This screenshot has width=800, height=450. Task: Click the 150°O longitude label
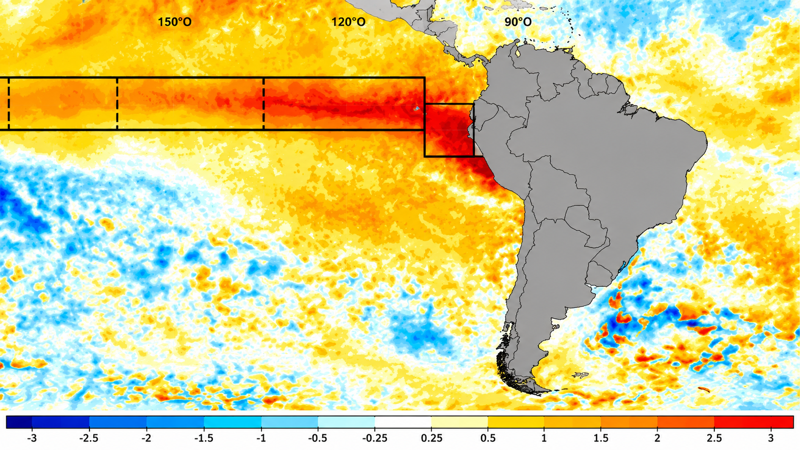175,22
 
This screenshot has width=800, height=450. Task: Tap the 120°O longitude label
348,22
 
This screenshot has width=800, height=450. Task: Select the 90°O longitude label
518,22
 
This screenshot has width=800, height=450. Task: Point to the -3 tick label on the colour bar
32,438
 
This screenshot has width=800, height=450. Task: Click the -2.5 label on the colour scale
89,438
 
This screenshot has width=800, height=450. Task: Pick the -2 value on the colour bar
146,438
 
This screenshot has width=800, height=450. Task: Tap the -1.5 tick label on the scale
204,438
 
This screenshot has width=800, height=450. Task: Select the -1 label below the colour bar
261,438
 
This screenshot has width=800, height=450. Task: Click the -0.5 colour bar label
318,438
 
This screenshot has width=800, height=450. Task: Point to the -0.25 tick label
375,438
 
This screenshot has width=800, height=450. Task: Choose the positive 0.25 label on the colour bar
432,438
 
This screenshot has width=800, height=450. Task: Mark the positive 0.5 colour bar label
488,438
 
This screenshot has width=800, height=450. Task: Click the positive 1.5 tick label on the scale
600,438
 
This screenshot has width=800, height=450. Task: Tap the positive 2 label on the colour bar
657,438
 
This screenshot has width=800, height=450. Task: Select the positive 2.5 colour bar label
714,438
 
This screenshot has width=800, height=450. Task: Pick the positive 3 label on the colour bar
771,438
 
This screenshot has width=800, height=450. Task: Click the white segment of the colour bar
403,422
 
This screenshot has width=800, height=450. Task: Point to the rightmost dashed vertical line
264,104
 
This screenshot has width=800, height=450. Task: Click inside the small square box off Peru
449,130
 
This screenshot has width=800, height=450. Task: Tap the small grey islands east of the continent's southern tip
580,375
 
